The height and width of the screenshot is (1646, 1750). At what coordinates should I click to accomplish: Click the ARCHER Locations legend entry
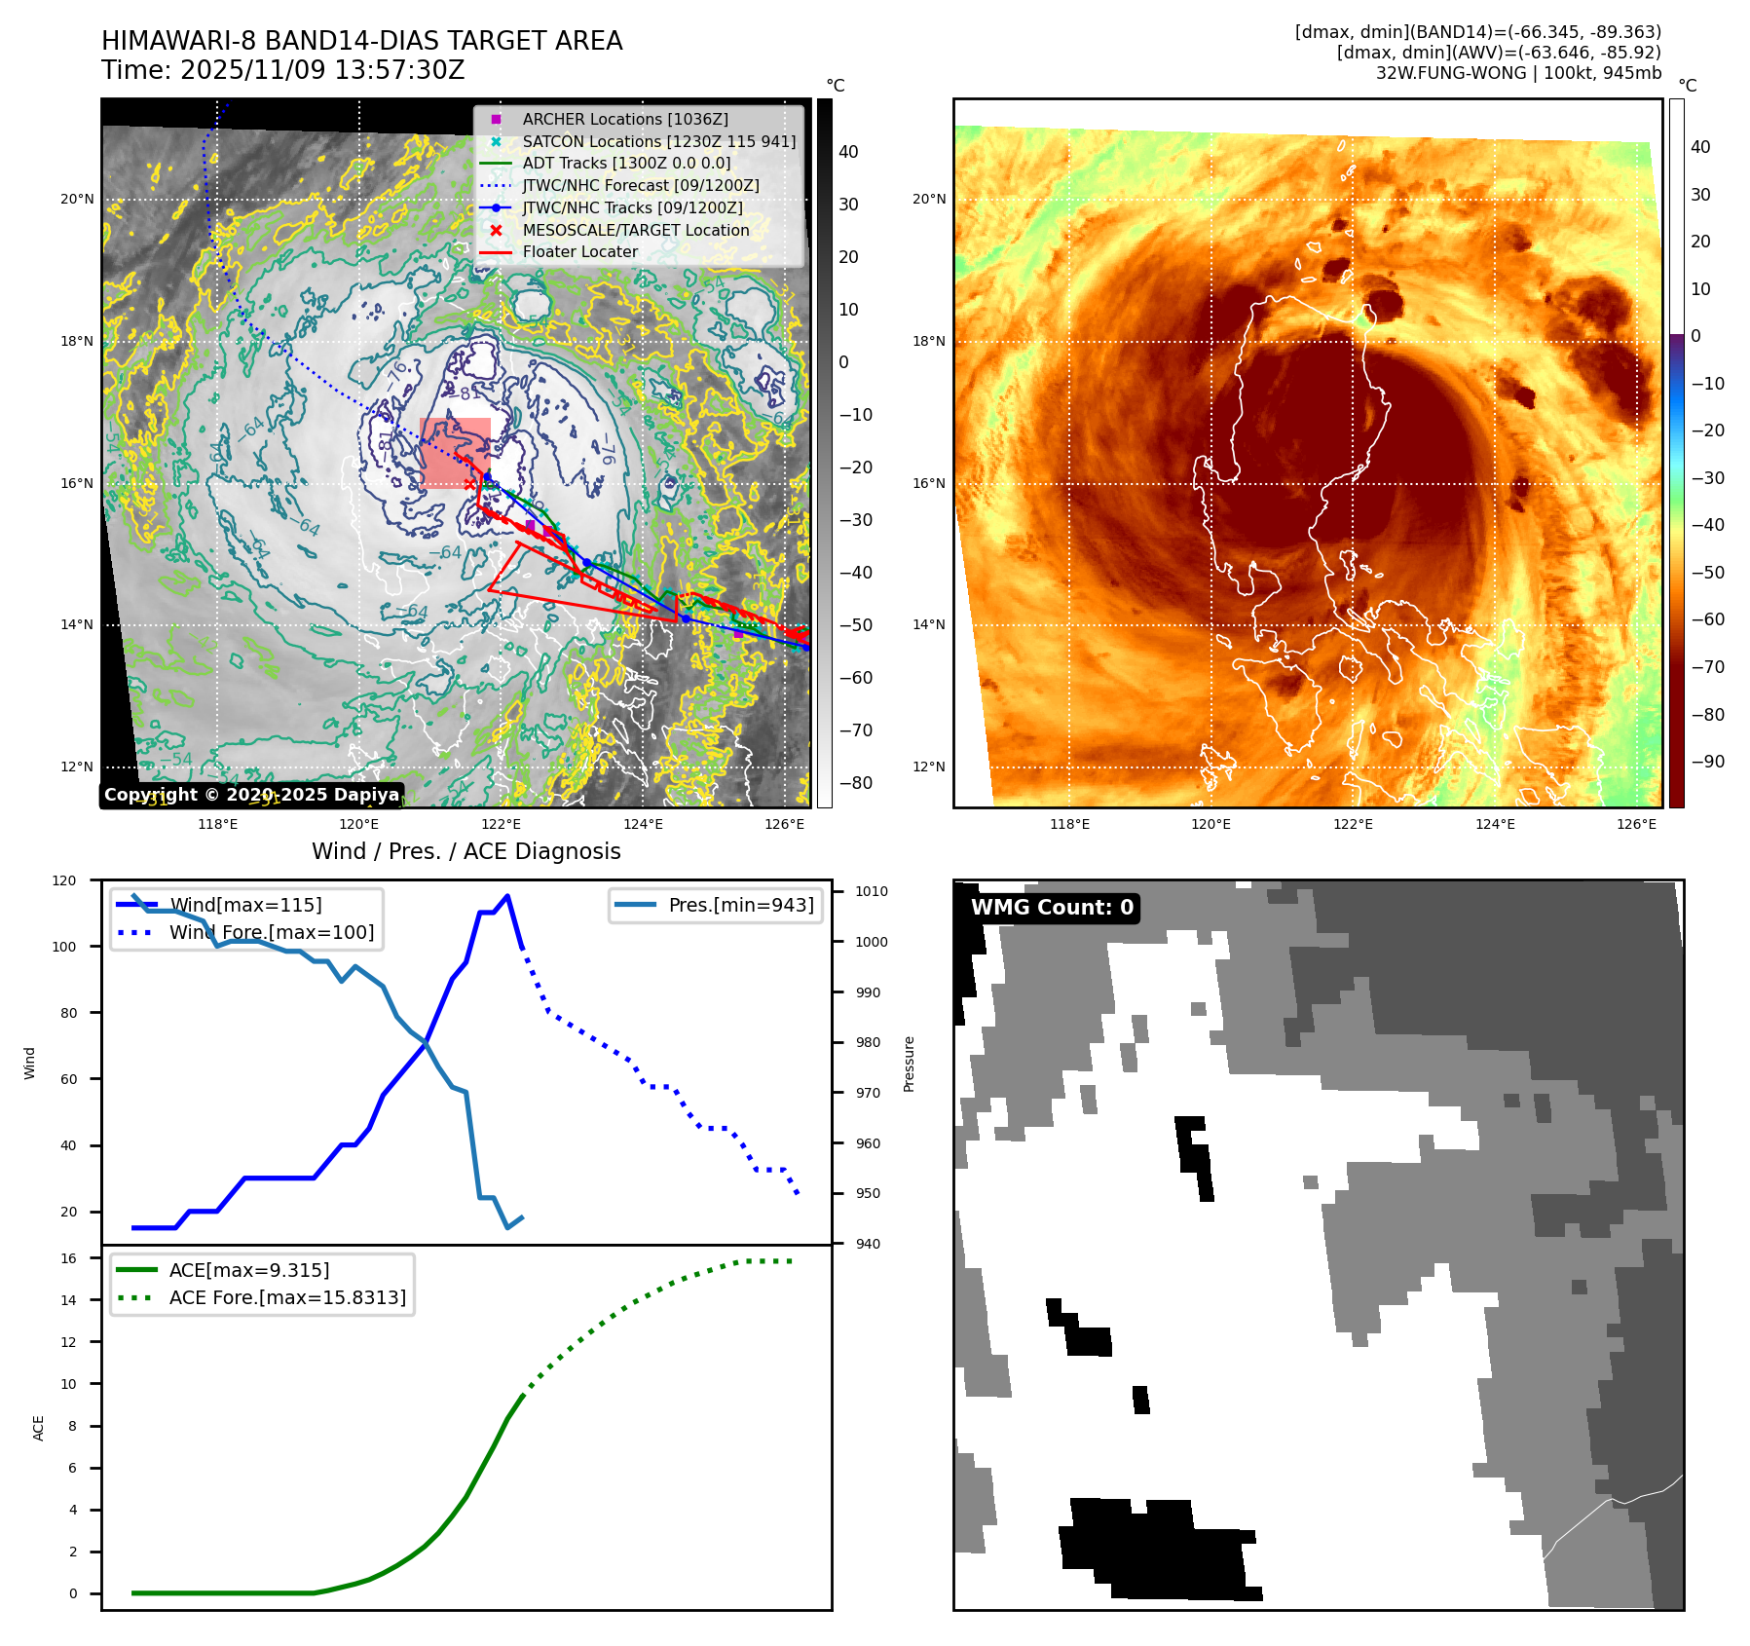coord(624,119)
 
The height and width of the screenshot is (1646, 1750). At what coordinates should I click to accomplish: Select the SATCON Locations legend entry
coord(658,141)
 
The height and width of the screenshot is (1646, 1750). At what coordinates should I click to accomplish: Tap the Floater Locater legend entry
coord(579,251)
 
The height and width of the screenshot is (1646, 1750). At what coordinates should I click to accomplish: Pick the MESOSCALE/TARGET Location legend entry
coord(635,230)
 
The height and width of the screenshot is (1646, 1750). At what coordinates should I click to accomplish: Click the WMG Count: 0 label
coord(1052,908)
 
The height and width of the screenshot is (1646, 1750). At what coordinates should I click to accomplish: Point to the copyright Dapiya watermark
coord(251,795)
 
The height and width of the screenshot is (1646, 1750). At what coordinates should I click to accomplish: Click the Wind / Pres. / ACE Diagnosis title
coord(465,851)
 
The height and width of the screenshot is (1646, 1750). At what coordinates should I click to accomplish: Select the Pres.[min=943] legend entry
coord(740,905)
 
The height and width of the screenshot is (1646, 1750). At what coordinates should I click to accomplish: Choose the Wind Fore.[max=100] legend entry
coord(271,932)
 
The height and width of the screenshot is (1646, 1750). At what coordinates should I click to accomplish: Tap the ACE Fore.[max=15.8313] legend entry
coord(287,1297)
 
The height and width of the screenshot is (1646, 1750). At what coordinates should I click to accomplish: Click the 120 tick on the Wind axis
coord(64,880)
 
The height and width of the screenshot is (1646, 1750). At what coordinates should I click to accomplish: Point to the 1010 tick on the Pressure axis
coord(872,891)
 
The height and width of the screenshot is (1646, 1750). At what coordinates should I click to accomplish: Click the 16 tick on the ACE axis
coord(68,1258)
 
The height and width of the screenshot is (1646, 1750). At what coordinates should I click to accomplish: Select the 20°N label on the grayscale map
coord(77,200)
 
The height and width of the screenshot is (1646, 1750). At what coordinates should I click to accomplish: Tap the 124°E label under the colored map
coord(1495,824)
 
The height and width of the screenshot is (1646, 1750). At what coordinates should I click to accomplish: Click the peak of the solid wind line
coord(507,896)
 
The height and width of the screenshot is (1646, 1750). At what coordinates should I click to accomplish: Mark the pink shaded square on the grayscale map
coord(455,453)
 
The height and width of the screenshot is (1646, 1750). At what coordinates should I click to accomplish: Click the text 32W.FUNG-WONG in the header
coord(1450,73)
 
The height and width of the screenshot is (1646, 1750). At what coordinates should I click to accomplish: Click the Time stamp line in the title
coord(282,70)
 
